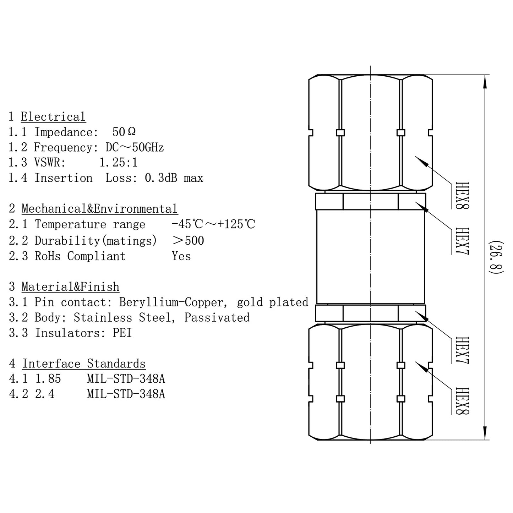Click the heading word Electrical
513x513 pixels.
click(53, 117)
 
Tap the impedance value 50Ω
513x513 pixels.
click(124, 132)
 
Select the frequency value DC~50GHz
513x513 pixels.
click(135, 147)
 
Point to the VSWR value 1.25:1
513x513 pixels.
click(118, 163)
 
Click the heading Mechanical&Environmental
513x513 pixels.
click(99, 209)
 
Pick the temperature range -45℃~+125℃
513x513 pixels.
click(213, 224)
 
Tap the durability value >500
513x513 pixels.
click(188, 241)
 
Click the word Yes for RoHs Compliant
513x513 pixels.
click(181, 256)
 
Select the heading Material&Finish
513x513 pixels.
click(70, 287)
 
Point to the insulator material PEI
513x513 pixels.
click(122, 333)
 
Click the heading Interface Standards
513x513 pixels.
click(84, 364)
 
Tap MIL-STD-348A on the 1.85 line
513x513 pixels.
click(126, 379)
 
